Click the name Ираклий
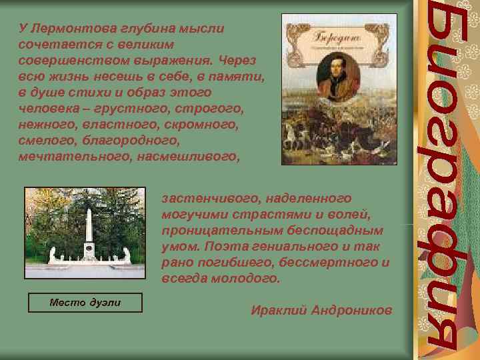click(279, 311)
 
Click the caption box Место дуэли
click(85, 303)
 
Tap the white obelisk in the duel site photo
click(89, 230)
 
